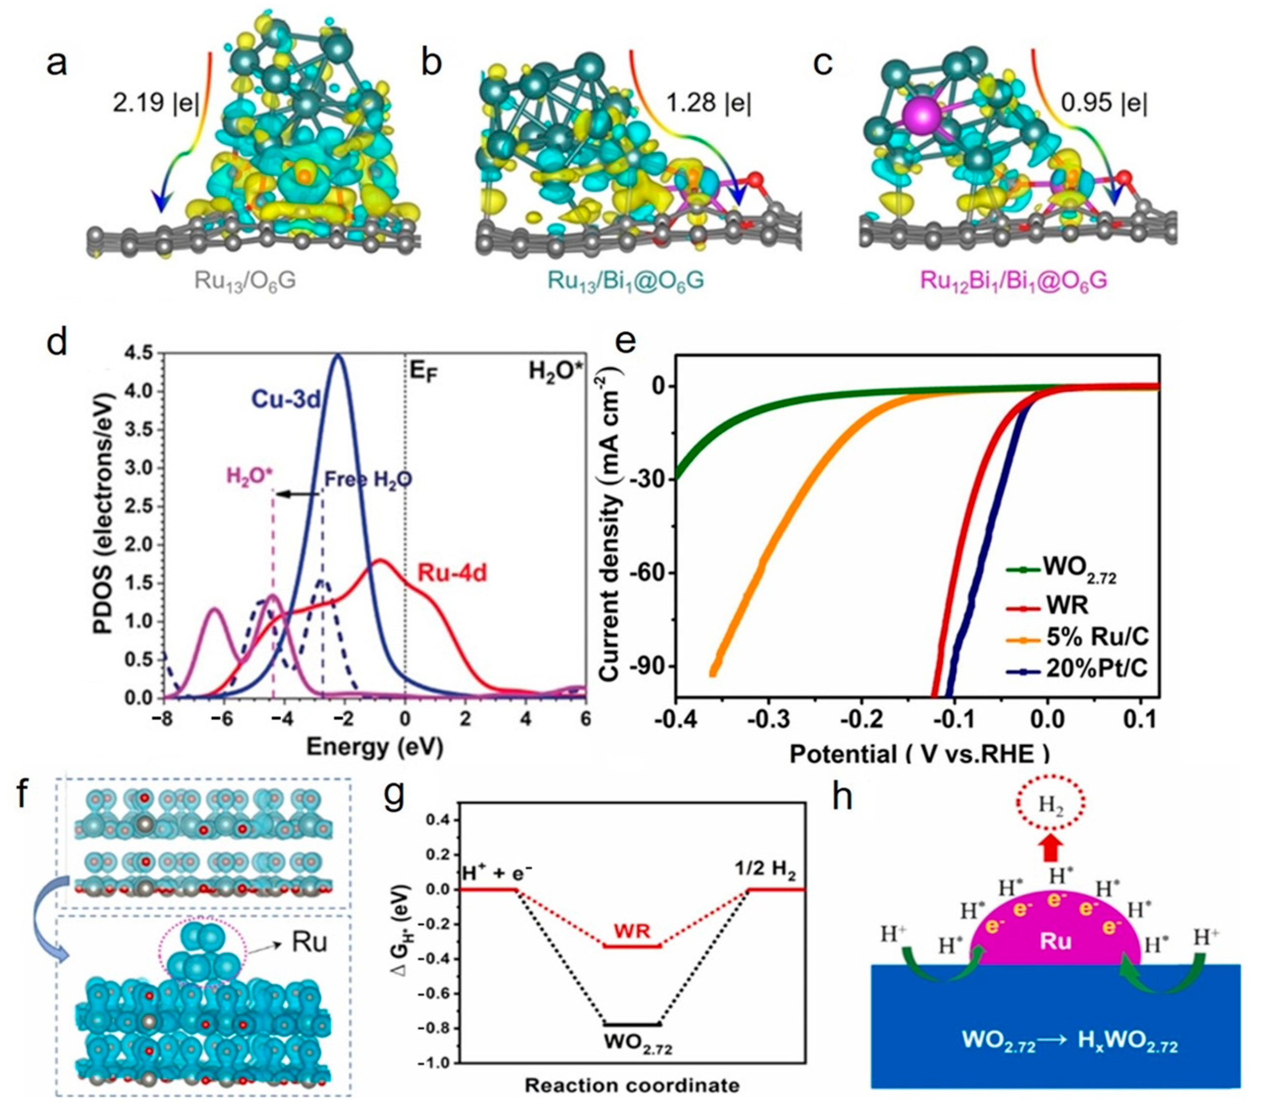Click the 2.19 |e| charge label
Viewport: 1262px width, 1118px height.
point(156,102)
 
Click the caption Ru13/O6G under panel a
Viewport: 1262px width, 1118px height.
point(245,281)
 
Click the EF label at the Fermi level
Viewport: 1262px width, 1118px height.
point(424,372)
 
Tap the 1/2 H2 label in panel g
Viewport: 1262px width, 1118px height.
point(766,873)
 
